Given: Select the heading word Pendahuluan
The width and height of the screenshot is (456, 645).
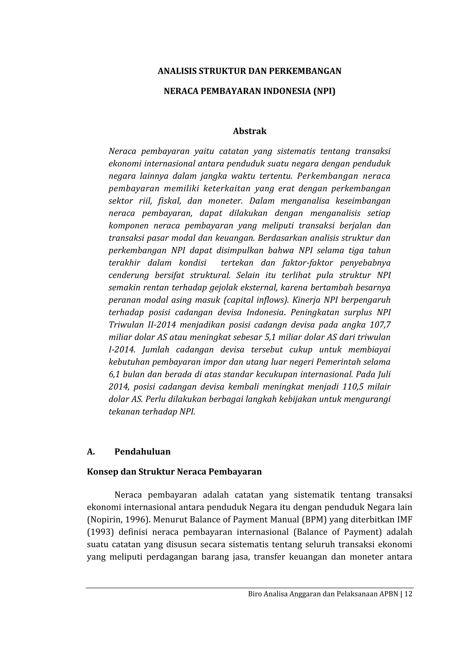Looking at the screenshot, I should click(x=142, y=452).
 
